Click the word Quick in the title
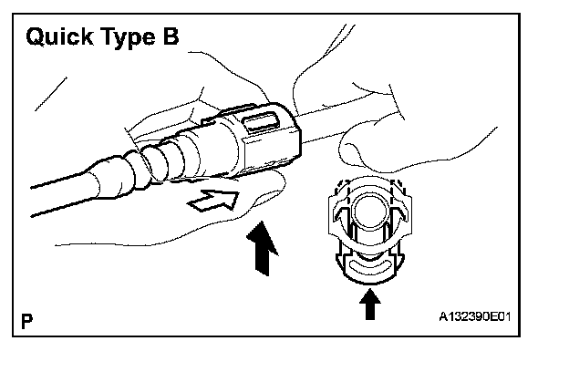pos(62,38)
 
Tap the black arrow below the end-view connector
pos(369,305)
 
